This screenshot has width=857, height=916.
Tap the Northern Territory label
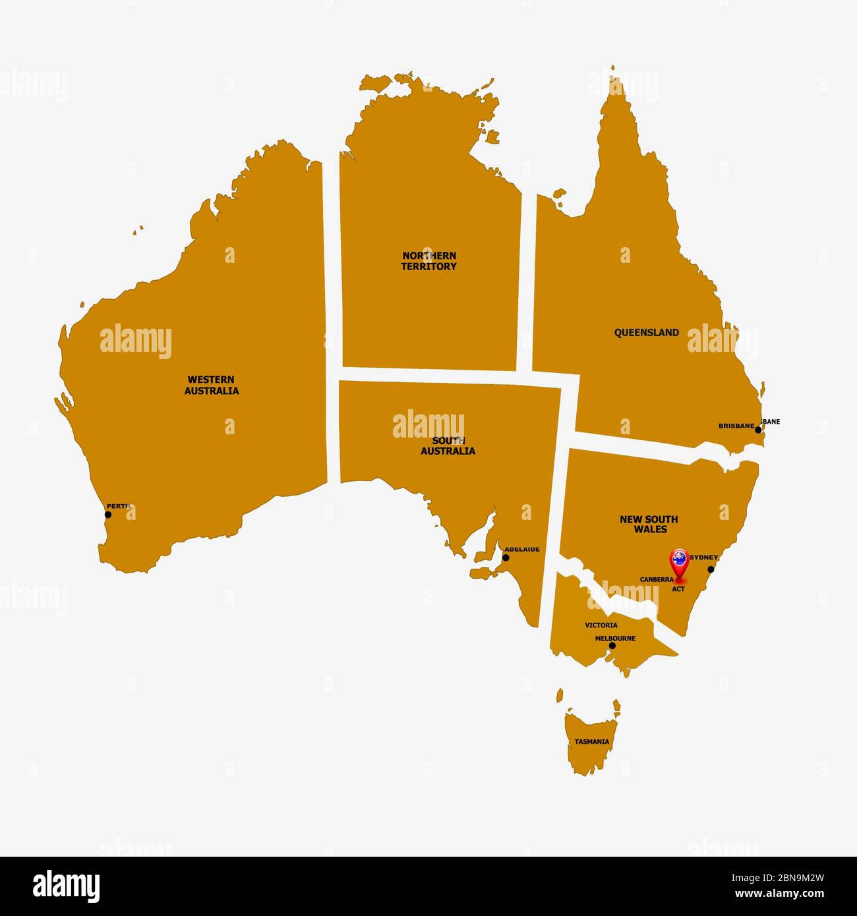tap(429, 261)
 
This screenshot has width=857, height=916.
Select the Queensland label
tap(646, 333)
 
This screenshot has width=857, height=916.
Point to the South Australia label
tap(448, 446)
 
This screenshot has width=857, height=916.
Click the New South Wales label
tap(649, 525)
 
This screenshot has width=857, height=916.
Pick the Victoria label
tap(601, 625)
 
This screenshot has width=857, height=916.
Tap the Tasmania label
tap(591, 741)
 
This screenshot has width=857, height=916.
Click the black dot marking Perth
tap(108, 515)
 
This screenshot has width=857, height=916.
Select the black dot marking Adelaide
tap(506, 558)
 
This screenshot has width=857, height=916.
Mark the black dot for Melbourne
tap(612, 646)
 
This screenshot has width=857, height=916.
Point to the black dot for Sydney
tap(711, 569)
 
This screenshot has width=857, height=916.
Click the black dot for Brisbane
tap(758, 430)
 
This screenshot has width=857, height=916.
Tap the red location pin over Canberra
tap(678, 561)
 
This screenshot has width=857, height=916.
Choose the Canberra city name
tap(657, 580)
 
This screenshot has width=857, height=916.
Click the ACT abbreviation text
tap(678, 589)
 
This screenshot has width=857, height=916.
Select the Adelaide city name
tap(522, 549)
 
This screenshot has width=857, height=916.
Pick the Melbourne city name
tap(615, 639)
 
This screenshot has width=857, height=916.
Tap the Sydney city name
tap(703, 558)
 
